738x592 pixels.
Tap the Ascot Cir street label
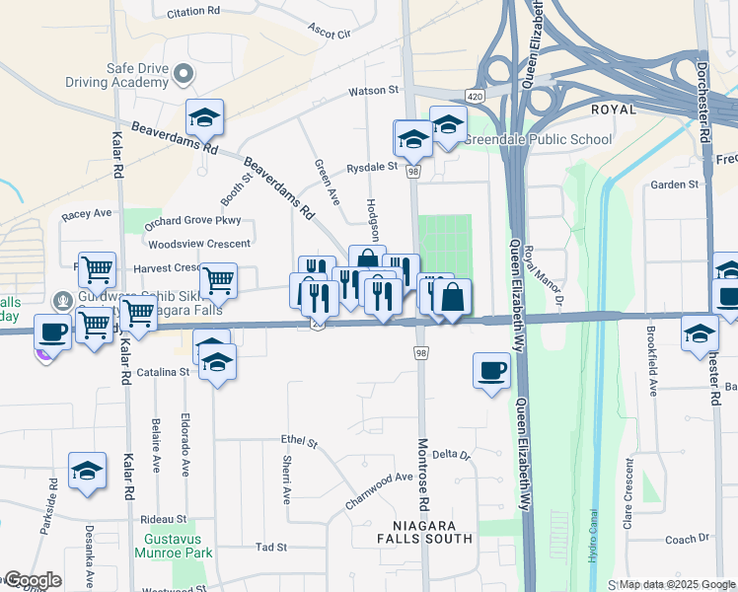coord(331,33)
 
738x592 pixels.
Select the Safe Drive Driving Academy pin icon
coord(183,74)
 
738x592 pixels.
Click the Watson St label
coord(372,91)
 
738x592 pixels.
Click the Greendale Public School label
coord(538,139)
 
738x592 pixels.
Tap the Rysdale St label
coord(372,167)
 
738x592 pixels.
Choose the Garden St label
coord(674,185)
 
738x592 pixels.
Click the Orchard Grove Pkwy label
coord(192,222)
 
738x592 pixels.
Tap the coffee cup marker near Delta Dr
coord(491,371)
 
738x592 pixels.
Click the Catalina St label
coord(163,372)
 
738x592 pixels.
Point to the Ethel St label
coord(299,440)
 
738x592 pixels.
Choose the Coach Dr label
coord(681,540)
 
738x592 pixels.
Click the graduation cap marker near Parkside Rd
coord(87,472)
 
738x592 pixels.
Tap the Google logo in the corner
coord(32,580)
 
